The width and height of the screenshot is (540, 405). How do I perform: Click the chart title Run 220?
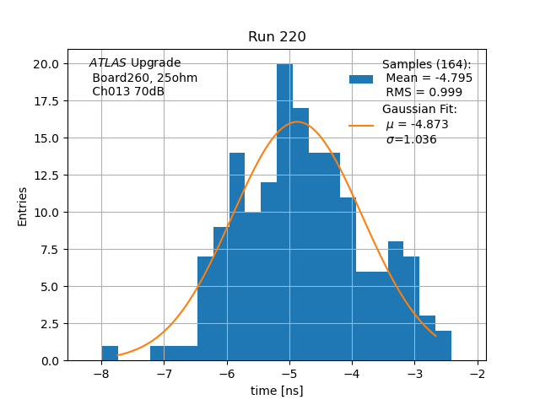click(x=277, y=37)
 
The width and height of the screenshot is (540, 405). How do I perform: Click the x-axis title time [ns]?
click(x=277, y=391)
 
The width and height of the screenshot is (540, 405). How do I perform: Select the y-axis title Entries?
click(x=23, y=206)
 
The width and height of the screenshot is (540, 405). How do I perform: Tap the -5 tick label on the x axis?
click(x=289, y=374)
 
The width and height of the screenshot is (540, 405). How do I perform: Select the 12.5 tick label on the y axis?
click(x=46, y=175)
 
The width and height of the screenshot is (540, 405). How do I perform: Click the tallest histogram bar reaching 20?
click(x=284, y=211)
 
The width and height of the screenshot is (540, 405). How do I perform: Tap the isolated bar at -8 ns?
click(x=110, y=354)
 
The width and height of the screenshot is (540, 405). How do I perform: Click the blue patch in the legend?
click(x=361, y=78)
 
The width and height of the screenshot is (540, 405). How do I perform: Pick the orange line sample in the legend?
click(x=361, y=125)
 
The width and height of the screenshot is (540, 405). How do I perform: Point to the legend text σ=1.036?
click(x=412, y=140)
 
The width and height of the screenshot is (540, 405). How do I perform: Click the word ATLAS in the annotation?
click(x=107, y=63)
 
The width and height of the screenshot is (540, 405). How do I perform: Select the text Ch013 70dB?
click(x=128, y=92)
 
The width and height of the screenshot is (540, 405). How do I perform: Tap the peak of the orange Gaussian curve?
click(x=297, y=122)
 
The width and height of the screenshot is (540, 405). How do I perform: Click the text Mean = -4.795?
click(x=429, y=78)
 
